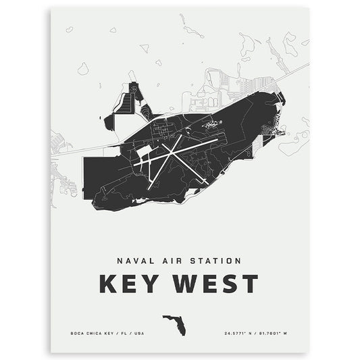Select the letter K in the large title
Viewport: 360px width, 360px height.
[108, 284]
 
